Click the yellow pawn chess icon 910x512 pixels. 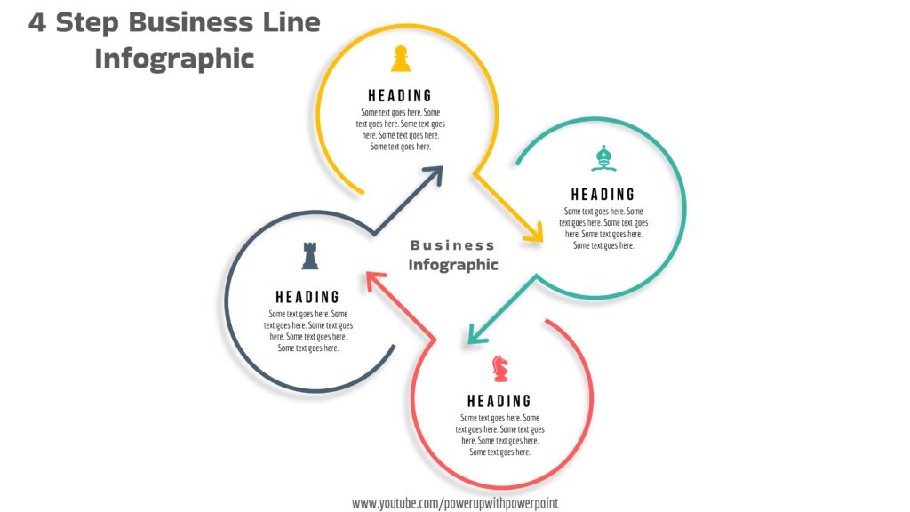401,60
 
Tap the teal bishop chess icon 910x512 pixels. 603,159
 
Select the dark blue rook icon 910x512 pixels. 309,256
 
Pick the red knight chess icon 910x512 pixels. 500,368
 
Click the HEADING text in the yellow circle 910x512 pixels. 400,96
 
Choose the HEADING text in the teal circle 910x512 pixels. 603,195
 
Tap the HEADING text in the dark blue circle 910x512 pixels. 307,298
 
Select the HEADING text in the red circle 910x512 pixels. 499,402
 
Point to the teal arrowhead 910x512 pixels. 475,334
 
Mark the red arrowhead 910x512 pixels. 372,279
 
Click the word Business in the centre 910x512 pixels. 452,245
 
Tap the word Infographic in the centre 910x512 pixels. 453,265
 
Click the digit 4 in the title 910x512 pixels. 37,23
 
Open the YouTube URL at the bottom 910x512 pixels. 455,503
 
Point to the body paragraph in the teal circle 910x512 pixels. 603,228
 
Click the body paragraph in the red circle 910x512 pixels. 500,435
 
